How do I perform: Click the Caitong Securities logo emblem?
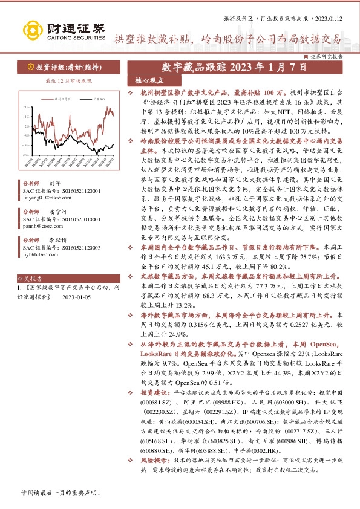pyautogui.click(x=30, y=28)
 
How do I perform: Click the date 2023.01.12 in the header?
pyautogui.click(x=330, y=18)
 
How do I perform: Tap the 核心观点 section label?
pyautogui.click(x=149, y=80)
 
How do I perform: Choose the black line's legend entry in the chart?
pyautogui.click(x=96, y=98)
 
